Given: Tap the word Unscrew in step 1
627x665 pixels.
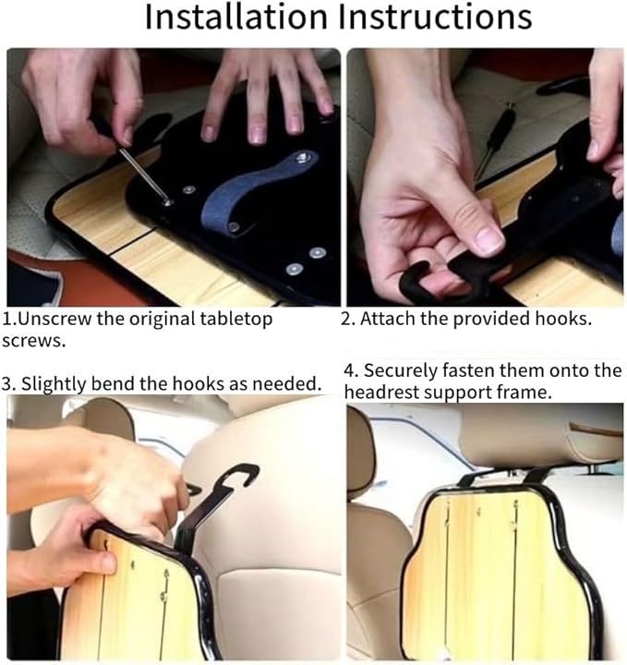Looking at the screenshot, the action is tap(55, 318).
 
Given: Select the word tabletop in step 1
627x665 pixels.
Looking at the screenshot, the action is tap(235, 320).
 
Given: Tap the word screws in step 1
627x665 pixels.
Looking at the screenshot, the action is tap(34, 342).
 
